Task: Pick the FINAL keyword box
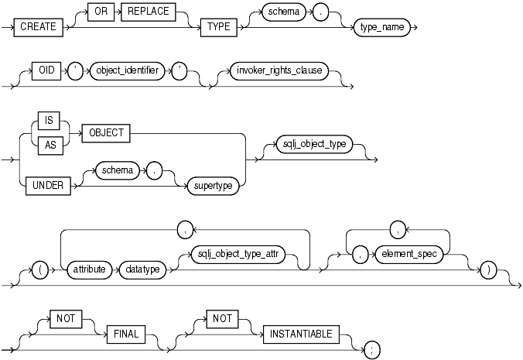[x=124, y=334]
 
